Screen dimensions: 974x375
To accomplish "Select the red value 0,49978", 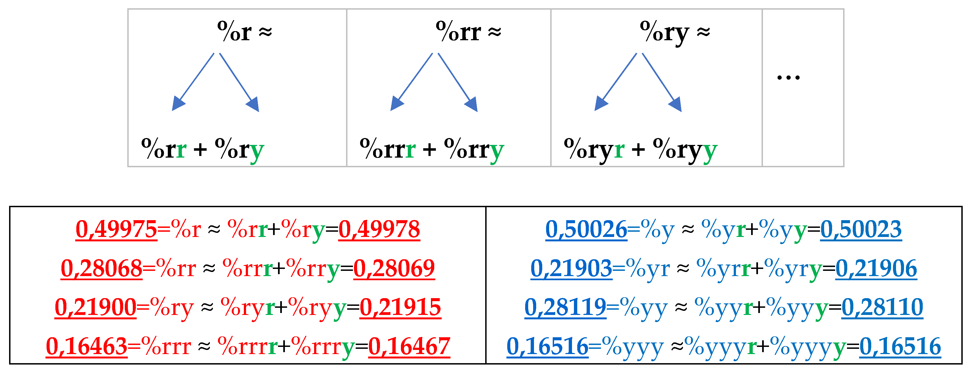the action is pos(379,229).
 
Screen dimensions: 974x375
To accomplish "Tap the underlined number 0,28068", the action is pos(101,268).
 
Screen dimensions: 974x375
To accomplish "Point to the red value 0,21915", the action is pos(400,307).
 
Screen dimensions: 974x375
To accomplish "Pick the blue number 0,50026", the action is pos(586,229).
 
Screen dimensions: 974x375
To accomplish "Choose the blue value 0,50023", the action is pos(861,229).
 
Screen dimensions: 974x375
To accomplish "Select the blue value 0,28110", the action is pos(882,307).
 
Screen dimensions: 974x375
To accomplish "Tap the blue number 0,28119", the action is pos(565,307).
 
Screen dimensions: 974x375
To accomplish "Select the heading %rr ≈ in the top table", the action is pos(468,32).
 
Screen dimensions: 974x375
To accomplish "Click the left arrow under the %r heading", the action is pos(193,82).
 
